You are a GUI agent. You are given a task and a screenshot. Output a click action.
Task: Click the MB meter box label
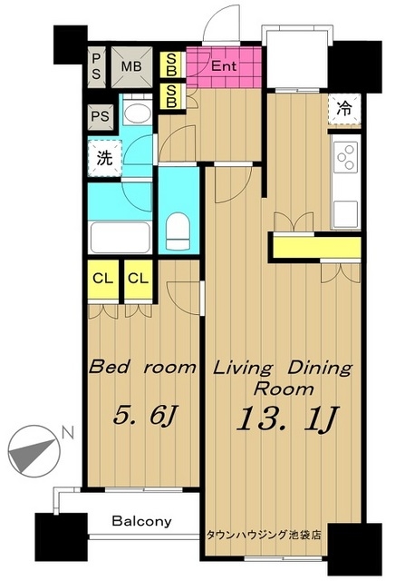click(x=131, y=66)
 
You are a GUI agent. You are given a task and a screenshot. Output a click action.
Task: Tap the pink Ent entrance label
click(x=224, y=66)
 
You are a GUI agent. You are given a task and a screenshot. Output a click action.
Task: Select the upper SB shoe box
click(x=171, y=64)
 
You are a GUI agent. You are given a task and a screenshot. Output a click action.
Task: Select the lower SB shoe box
click(x=171, y=97)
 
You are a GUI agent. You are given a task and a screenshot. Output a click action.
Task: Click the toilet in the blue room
click(x=178, y=231)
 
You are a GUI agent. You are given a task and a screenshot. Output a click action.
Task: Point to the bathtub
click(x=121, y=238)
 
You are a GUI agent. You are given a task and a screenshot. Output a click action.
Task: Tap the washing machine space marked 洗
click(x=105, y=158)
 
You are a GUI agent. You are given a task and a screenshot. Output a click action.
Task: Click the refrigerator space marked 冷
click(x=344, y=109)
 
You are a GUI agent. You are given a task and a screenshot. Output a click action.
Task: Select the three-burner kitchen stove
click(x=346, y=157)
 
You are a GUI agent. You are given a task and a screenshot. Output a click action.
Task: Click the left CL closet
click(x=103, y=279)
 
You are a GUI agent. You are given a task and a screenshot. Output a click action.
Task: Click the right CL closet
click(x=139, y=279)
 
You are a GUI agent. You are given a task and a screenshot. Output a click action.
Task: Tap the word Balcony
click(x=142, y=521)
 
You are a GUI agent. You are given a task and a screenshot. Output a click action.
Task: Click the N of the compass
click(x=68, y=433)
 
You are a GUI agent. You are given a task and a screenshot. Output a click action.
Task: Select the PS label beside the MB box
click(x=96, y=66)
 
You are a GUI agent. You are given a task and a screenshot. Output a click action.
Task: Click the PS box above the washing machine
click(x=101, y=117)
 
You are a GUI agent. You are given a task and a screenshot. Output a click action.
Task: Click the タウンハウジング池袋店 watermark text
click(x=264, y=535)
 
